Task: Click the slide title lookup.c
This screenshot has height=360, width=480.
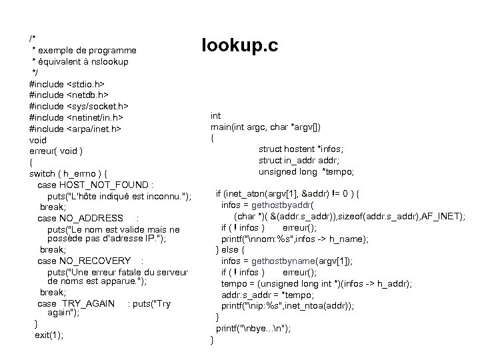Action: click(x=239, y=45)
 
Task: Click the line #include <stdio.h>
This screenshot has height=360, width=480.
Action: click(x=67, y=84)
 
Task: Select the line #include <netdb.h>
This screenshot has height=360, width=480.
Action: click(x=68, y=95)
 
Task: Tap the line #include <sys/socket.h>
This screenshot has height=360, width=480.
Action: click(x=79, y=106)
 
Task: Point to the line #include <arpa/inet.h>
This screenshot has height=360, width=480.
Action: click(x=75, y=129)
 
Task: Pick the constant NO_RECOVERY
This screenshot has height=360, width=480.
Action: click(x=95, y=260)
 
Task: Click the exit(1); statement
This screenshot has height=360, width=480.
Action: click(x=50, y=335)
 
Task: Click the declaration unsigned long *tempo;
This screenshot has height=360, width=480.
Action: click(x=307, y=172)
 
